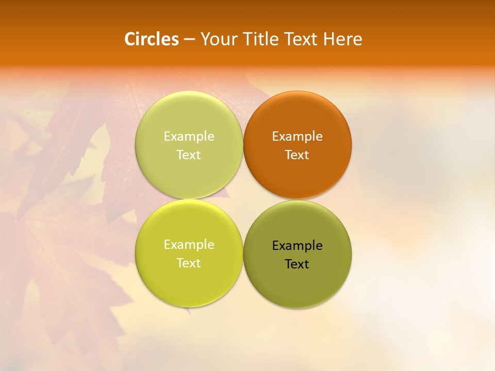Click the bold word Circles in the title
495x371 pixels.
[x=152, y=39]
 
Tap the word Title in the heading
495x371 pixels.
[x=259, y=39]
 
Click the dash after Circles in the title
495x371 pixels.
[x=189, y=40]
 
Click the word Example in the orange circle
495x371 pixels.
[x=298, y=136]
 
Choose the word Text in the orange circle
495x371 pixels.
[x=298, y=155]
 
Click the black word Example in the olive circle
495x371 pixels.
[x=298, y=245]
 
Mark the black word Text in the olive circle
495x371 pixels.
[x=298, y=264]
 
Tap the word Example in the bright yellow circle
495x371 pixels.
[x=189, y=244]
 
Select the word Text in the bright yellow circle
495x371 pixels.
[x=189, y=263]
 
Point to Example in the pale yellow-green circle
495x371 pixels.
[x=189, y=136]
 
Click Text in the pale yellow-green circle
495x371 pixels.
[x=189, y=155]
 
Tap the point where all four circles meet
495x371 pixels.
[x=243, y=199]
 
